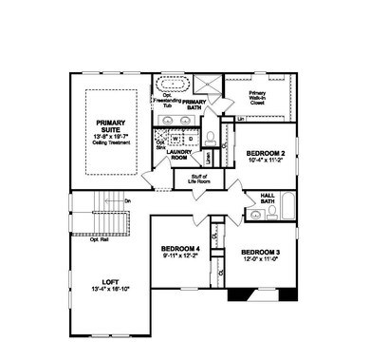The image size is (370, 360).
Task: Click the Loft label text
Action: (111, 281)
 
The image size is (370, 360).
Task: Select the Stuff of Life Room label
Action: (197, 179)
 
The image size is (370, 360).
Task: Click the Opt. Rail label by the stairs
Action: (100, 239)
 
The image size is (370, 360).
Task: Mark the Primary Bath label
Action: (194, 104)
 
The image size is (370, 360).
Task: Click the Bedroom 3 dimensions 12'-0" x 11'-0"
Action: (258, 258)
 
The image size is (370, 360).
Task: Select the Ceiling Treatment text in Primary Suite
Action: (117, 143)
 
